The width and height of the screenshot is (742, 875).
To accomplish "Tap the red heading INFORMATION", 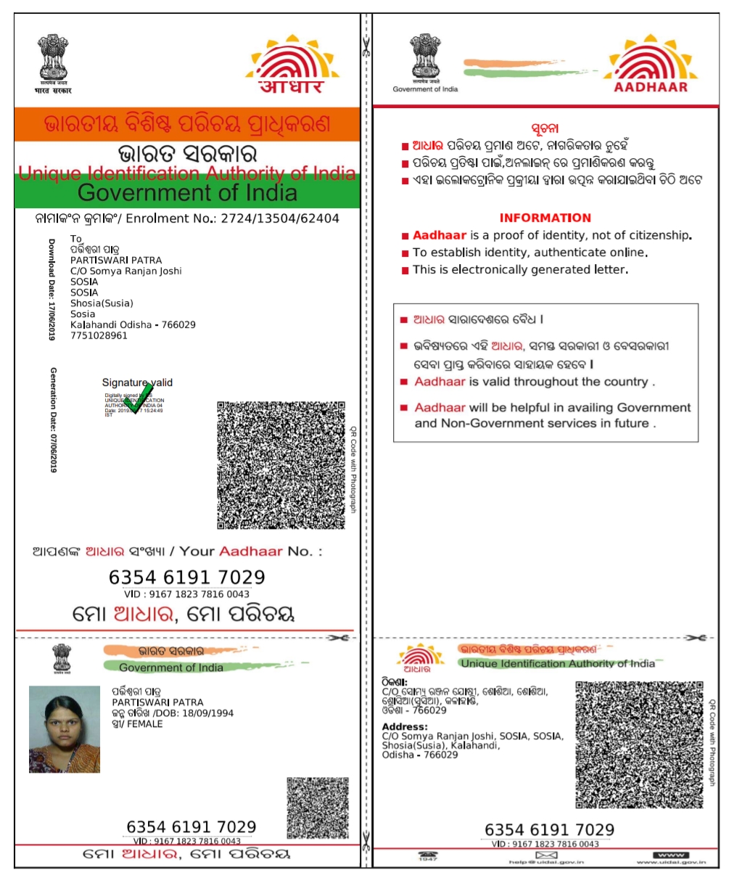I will (x=545, y=218).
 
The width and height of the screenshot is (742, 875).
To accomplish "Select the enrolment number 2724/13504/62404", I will (x=280, y=218).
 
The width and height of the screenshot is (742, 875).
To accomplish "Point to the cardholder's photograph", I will (x=64, y=729).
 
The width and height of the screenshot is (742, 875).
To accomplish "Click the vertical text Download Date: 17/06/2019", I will (x=51, y=289).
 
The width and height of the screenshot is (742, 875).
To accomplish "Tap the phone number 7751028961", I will (x=99, y=335).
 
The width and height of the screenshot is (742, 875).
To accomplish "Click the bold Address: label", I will (x=405, y=726).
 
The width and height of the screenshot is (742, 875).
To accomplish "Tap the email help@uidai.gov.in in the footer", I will (x=546, y=861).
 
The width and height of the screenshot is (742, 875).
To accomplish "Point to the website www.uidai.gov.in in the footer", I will (x=671, y=861).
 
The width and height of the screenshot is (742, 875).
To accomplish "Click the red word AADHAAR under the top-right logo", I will (x=650, y=87).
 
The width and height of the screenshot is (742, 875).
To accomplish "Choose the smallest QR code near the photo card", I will (x=317, y=808).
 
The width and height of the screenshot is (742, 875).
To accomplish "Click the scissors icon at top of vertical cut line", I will (x=366, y=49).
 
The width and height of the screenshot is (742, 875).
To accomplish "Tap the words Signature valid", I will (x=137, y=382).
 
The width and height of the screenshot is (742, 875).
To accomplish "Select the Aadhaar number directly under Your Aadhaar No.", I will (x=186, y=578).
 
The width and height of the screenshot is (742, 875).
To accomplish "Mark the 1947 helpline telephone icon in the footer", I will (x=428, y=855).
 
